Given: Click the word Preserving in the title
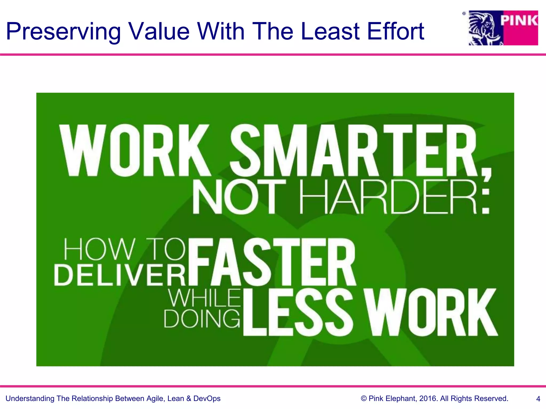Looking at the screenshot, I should [63, 31].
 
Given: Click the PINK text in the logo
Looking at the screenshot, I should [519, 21].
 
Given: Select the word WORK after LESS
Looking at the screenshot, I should [432, 312].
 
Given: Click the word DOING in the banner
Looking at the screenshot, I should [202, 319].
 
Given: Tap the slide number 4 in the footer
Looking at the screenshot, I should [538, 399].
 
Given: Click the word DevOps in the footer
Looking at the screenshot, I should [207, 399].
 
